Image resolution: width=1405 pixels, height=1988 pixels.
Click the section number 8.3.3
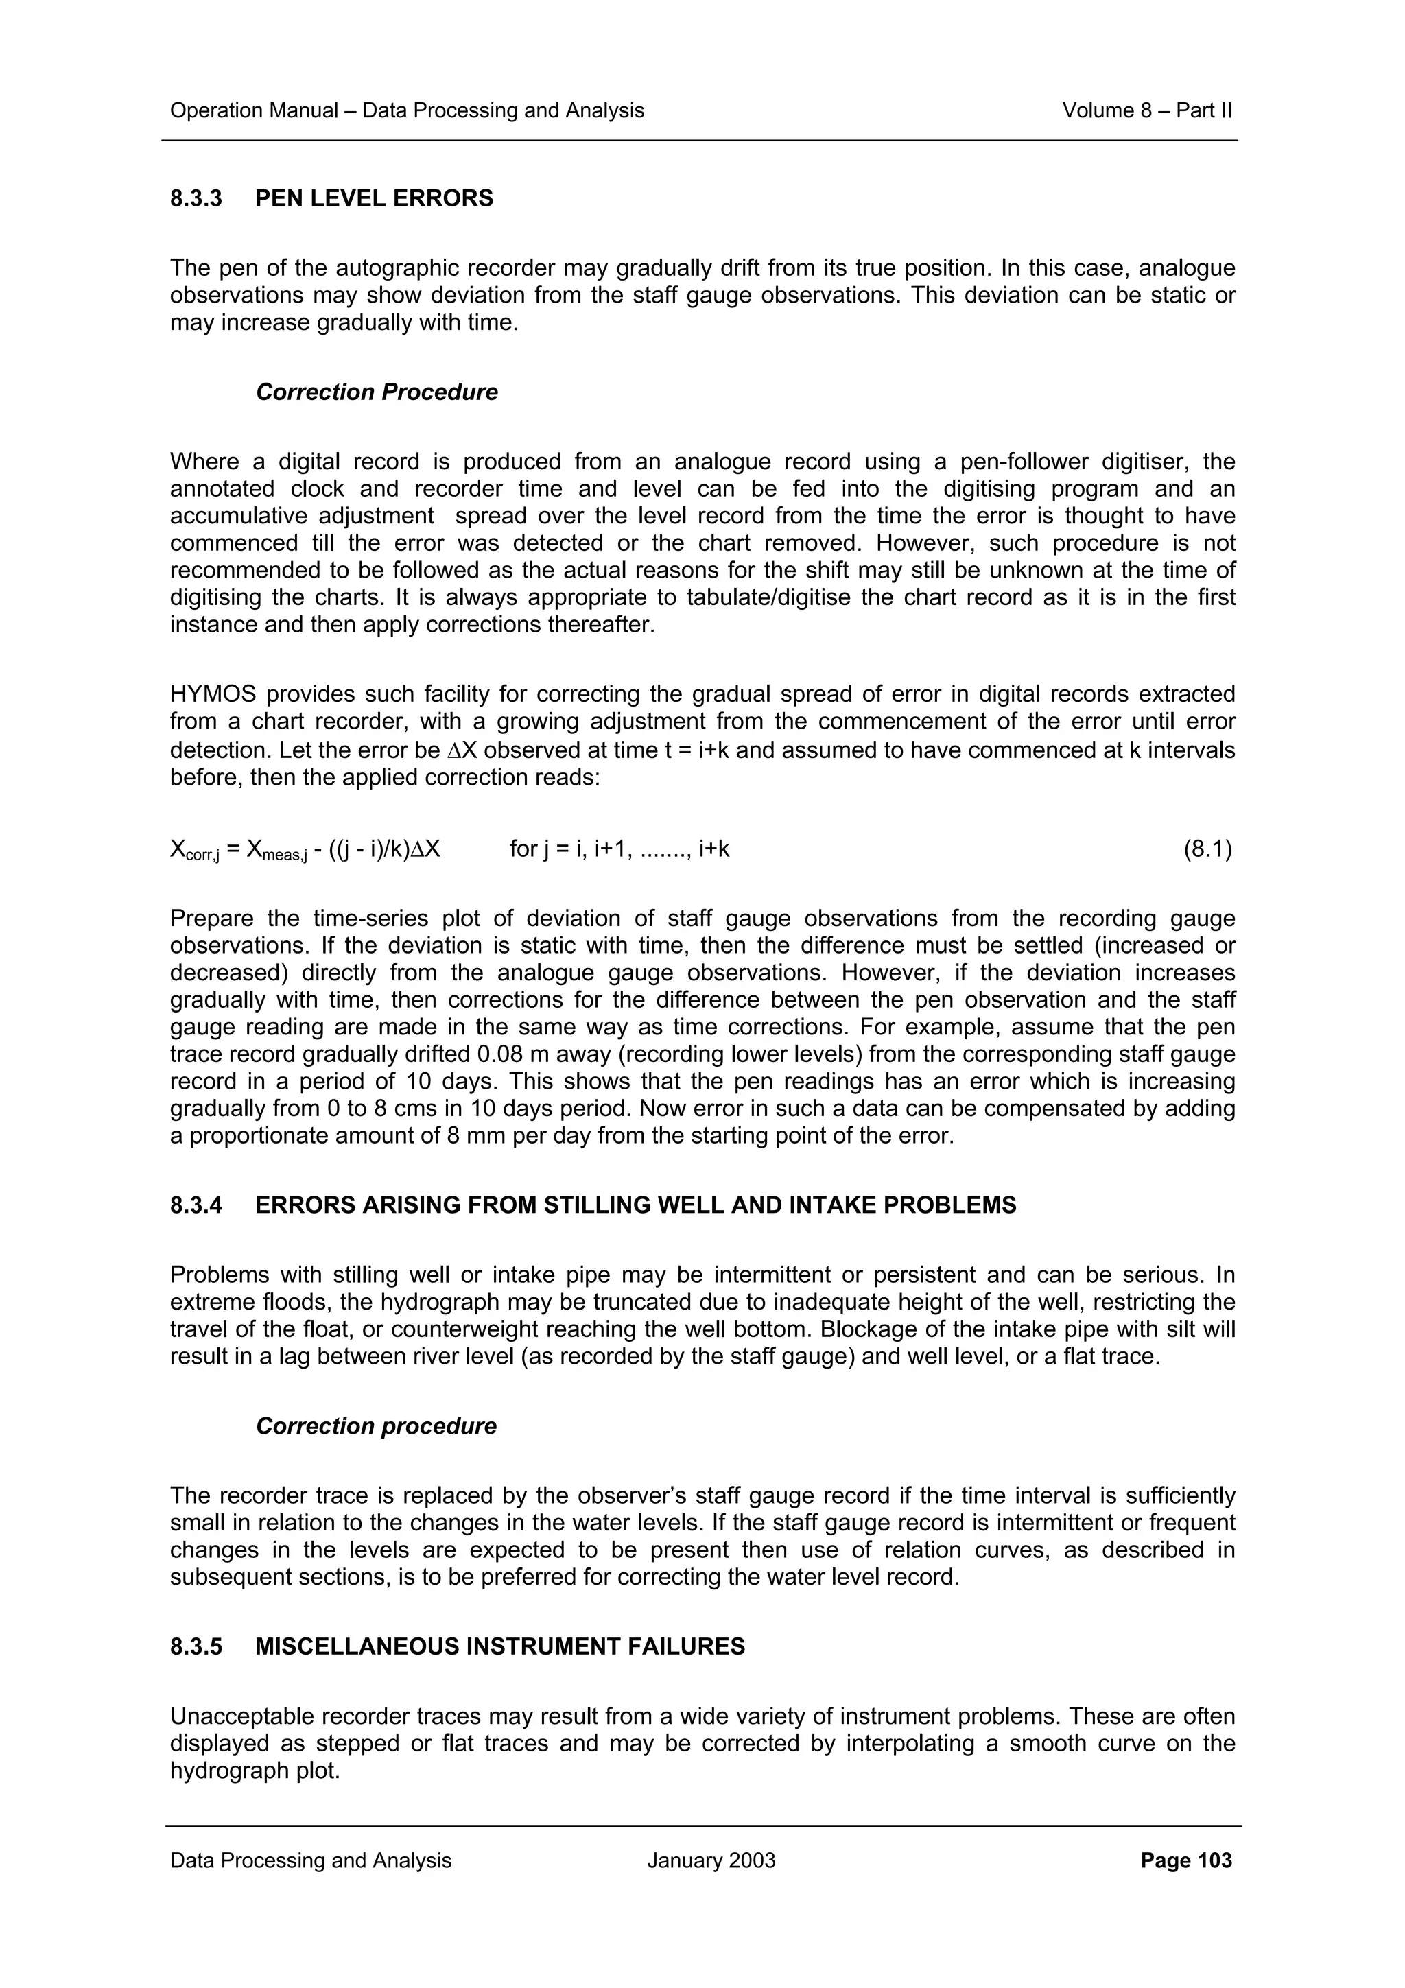[x=196, y=198]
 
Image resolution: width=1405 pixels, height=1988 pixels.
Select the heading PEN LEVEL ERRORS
[x=374, y=198]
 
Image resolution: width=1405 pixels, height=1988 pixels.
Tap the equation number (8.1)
[x=1207, y=849]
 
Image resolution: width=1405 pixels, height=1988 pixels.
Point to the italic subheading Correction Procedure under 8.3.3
[x=377, y=392]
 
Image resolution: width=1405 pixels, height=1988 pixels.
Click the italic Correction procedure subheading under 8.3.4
[x=376, y=1426]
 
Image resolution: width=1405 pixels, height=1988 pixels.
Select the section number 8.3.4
[x=196, y=1205]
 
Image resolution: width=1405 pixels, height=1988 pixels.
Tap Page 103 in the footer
[x=1186, y=1860]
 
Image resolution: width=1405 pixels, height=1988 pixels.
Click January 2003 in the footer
[x=711, y=1860]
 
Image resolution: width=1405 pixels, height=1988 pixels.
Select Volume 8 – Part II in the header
[x=1147, y=111]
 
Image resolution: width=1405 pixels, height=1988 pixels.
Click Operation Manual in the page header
[x=255, y=111]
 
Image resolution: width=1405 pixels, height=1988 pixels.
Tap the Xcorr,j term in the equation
[x=195, y=851]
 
